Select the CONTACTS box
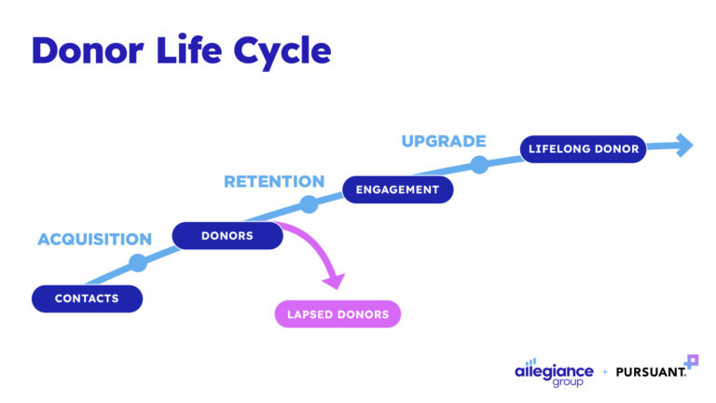tap(87, 299)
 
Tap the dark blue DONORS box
tap(227, 236)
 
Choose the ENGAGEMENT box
tap(397, 189)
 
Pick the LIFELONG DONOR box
tap(583, 149)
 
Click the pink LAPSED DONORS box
tap(337, 314)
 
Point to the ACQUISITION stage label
tap(94, 240)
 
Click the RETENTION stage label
tap(274, 182)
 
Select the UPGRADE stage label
tap(444, 142)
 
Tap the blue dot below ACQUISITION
tap(138, 263)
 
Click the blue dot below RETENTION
tap(309, 204)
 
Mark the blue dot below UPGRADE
tap(479, 165)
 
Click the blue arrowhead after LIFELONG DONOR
tap(684, 145)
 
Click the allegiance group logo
tap(554, 371)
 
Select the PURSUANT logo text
tap(651, 371)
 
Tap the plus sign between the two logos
tap(605, 371)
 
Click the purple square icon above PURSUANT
tap(691, 360)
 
